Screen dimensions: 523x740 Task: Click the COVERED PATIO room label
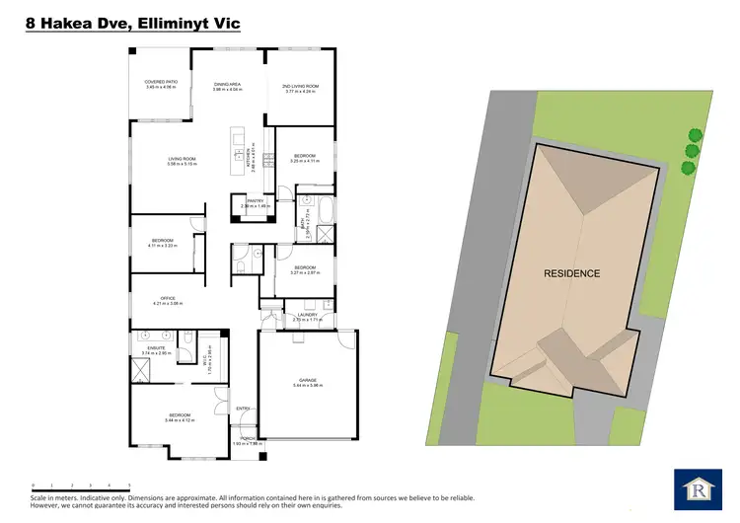(160, 82)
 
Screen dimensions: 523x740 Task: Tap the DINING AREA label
(228, 85)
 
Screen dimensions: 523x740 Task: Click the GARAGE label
(307, 380)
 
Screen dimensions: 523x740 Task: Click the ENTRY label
(244, 408)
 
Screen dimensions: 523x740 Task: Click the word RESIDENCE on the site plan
(572, 273)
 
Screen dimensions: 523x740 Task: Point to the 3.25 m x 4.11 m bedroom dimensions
(304, 161)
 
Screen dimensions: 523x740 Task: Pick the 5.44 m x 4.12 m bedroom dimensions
(181, 419)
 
